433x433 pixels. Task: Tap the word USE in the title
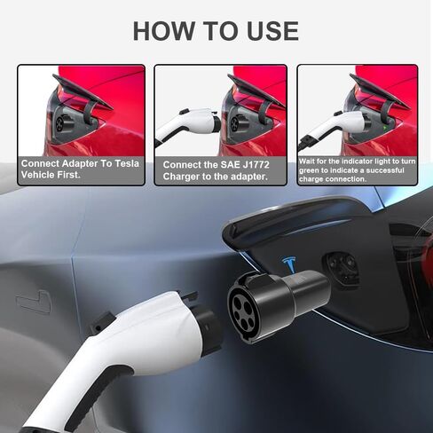pos(267,31)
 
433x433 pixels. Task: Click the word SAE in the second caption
pos(230,165)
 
